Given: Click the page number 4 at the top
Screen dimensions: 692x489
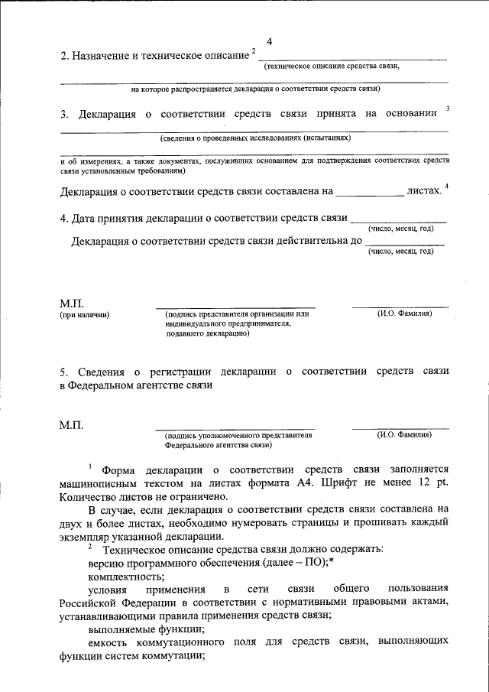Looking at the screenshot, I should (x=270, y=41).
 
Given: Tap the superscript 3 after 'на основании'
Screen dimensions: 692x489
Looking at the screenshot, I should (x=447, y=109).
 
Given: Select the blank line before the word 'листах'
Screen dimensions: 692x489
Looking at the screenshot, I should (x=370, y=196).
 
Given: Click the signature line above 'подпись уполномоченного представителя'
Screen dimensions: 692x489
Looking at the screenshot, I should (x=235, y=429).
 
